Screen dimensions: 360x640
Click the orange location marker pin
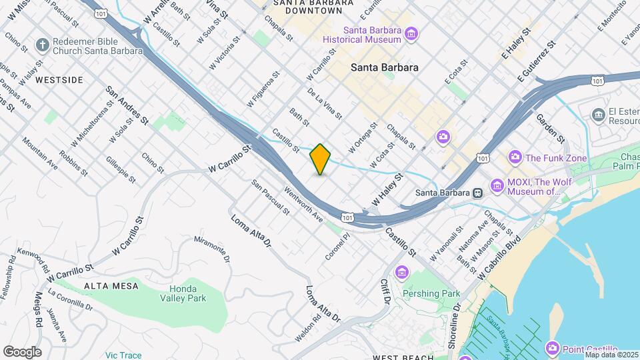pyautogui.click(x=320, y=159)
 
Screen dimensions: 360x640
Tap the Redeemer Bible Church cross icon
pyautogui.click(x=42, y=45)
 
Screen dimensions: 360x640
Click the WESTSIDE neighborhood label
pyautogui.click(x=59, y=80)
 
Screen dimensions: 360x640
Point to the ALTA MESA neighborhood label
pyautogui.click(x=111, y=286)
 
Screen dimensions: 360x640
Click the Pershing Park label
pyautogui.click(x=431, y=293)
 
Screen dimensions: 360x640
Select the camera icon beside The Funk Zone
pyautogui.click(x=515, y=157)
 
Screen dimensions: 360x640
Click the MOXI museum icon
pyautogui.click(x=497, y=185)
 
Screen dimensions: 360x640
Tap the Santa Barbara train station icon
pyautogui.click(x=477, y=193)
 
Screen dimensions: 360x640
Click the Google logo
pyautogui.click(x=22, y=351)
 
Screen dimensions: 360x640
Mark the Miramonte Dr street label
pyautogui.click(x=211, y=249)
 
